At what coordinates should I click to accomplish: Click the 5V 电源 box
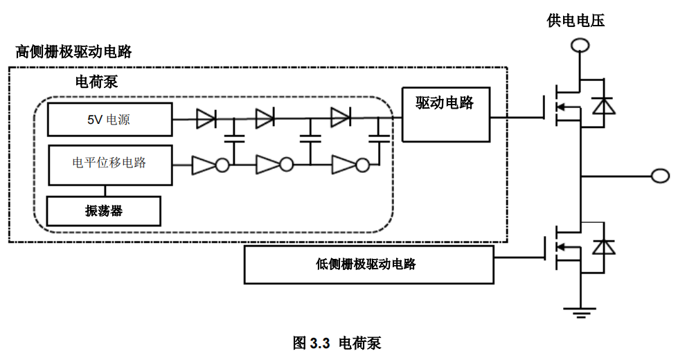[109, 120]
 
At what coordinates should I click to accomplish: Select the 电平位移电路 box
[109, 164]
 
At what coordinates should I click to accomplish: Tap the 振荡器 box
[103, 211]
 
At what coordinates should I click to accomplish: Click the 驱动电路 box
[445, 114]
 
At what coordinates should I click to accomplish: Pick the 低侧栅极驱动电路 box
[369, 264]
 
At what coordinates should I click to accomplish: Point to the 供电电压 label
[576, 21]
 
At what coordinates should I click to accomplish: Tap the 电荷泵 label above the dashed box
[96, 82]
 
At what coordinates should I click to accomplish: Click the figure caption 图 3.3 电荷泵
[337, 343]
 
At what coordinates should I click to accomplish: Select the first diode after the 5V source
[206, 118]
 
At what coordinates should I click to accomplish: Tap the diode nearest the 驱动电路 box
[340, 118]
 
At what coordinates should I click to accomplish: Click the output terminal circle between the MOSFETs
[661, 176]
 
